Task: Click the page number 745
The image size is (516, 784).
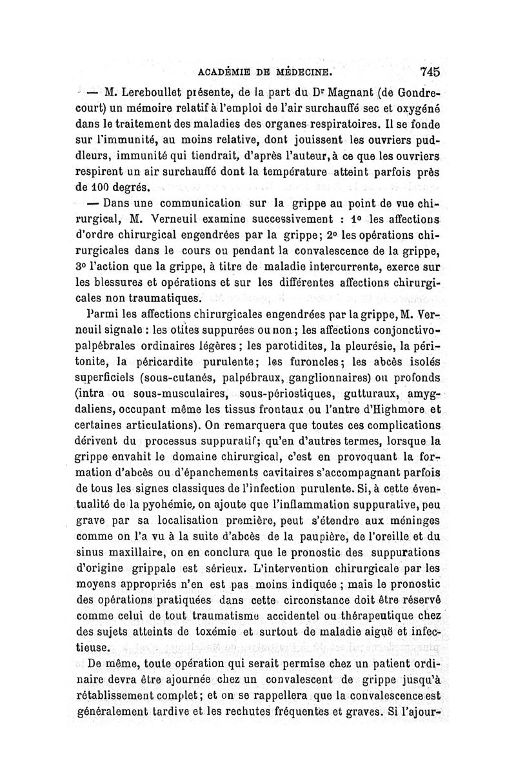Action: tap(428, 72)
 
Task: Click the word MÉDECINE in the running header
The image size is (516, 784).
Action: tap(302, 72)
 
